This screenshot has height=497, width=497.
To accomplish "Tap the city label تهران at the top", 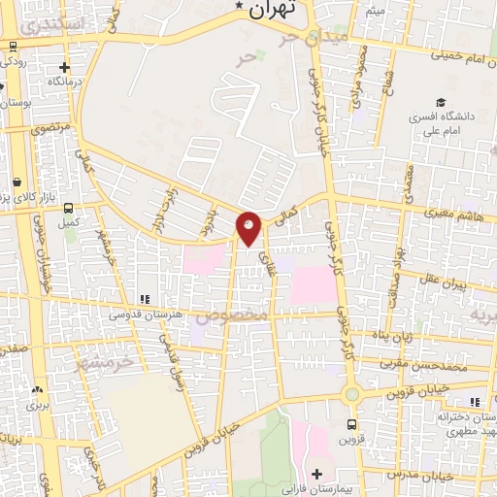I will [271, 11].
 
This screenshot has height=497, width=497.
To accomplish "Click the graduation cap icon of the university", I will [442, 103].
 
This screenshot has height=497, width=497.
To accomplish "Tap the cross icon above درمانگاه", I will [64, 68].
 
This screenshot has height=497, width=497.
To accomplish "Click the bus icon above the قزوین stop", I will [351, 424].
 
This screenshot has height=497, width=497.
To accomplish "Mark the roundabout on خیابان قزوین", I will [351, 395].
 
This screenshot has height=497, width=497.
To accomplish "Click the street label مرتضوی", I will [50, 127].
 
